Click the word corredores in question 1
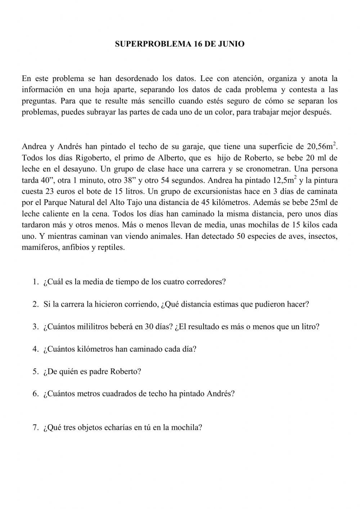tap(206, 282)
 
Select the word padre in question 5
tap(98, 371)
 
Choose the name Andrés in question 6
tap(221, 394)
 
